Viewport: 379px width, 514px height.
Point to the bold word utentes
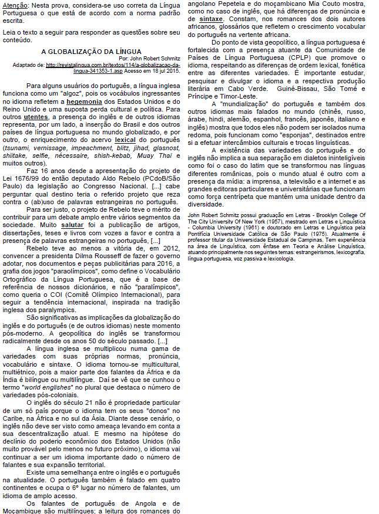(36, 117)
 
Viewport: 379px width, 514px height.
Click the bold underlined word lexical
(126, 140)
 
